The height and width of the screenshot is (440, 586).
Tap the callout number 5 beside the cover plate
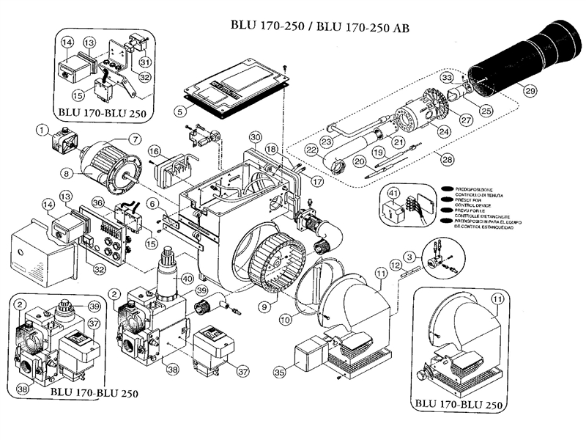point(179,111)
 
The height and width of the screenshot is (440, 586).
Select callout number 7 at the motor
point(135,139)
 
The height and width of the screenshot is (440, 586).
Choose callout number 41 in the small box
point(394,194)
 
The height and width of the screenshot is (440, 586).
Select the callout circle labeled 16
point(155,151)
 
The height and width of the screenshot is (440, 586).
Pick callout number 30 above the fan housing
point(255,137)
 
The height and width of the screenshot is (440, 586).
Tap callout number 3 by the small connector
point(412,257)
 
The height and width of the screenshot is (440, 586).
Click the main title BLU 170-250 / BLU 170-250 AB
point(315,26)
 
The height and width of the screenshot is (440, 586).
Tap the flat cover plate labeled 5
point(234,87)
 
